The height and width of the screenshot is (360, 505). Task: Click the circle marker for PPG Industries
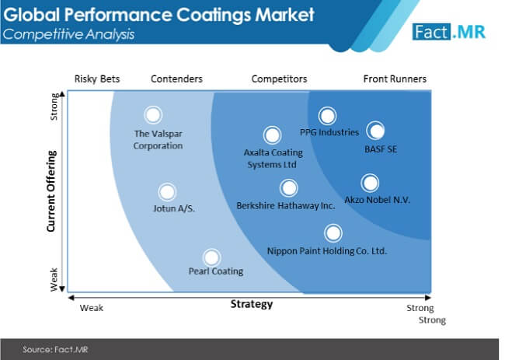[x=327, y=116]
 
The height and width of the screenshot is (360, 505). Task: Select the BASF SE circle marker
[x=375, y=131]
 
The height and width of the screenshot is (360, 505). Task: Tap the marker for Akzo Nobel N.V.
[x=370, y=183]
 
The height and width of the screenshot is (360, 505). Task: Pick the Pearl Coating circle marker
[x=211, y=257]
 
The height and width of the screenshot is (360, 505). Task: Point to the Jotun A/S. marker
[x=167, y=192]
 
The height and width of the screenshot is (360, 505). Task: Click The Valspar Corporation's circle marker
[x=153, y=115]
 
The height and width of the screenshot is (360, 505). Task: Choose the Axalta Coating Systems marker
[x=272, y=135]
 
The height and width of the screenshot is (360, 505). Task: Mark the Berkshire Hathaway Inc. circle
[x=288, y=188]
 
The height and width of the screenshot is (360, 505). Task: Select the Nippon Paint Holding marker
[x=333, y=233]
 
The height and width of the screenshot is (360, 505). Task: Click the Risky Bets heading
[x=97, y=79]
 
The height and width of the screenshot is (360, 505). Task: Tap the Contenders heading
[x=176, y=79]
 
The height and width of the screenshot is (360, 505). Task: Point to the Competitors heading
[x=279, y=79]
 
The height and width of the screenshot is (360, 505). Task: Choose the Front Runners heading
[x=395, y=79]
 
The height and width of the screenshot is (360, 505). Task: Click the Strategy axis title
[x=252, y=304]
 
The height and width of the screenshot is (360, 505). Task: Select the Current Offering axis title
[x=51, y=191]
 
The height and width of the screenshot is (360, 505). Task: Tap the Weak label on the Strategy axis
[x=92, y=308]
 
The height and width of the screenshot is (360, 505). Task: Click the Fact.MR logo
[x=448, y=32]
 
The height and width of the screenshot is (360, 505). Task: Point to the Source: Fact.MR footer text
[x=55, y=349]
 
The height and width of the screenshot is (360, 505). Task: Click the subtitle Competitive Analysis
[x=68, y=34]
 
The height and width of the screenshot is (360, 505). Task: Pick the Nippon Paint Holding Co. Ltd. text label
[x=327, y=250]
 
